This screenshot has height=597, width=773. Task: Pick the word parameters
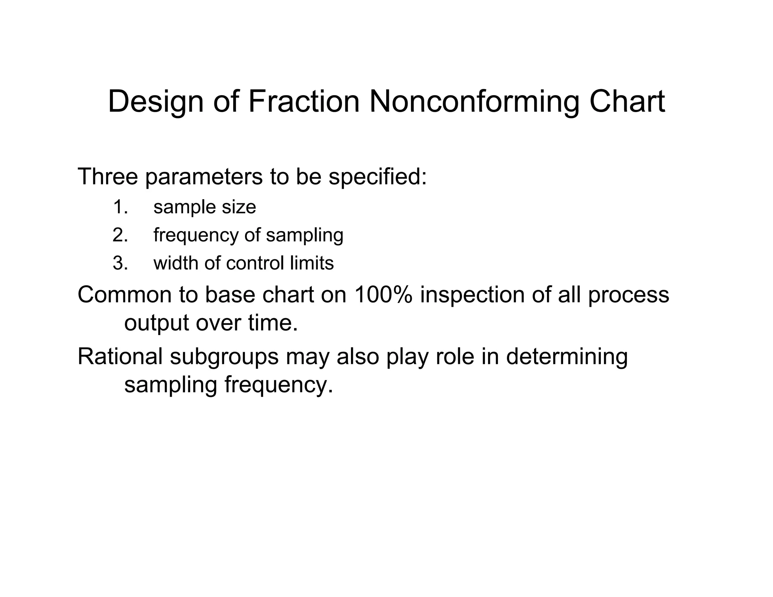(203, 177)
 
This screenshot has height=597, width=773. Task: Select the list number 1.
(120, 207)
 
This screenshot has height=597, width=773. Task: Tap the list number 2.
(120, 235)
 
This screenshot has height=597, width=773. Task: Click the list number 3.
(120, 263)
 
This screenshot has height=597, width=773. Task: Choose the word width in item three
(176, 263)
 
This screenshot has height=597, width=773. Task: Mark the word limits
(312, 263)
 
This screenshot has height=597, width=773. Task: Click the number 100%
(382, 295)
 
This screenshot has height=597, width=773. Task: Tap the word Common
(124, 295)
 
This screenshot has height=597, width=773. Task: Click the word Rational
(120, 356)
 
